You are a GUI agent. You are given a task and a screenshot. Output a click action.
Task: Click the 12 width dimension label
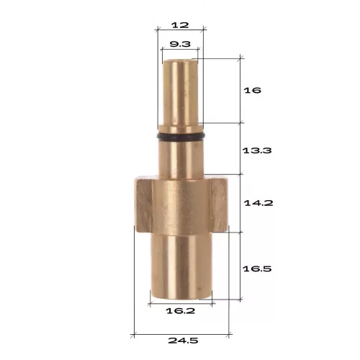coord(180,25)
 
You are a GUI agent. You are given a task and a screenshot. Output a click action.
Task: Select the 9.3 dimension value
coord(180,44)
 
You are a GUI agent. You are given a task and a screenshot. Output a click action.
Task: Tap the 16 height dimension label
coord(252,90)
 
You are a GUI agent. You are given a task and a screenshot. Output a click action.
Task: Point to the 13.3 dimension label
coord(257,150)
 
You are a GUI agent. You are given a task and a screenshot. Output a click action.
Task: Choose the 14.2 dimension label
coord(258,203)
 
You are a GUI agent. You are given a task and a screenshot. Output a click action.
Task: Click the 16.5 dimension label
coord(257,269)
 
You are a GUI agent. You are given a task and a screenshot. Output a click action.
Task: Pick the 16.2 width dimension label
coord(181,311)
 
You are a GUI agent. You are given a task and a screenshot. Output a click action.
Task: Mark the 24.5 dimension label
coord(183,341)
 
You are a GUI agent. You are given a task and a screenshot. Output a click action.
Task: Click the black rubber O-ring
coord(181,137)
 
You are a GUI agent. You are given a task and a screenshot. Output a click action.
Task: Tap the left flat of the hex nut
coord(143,204)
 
